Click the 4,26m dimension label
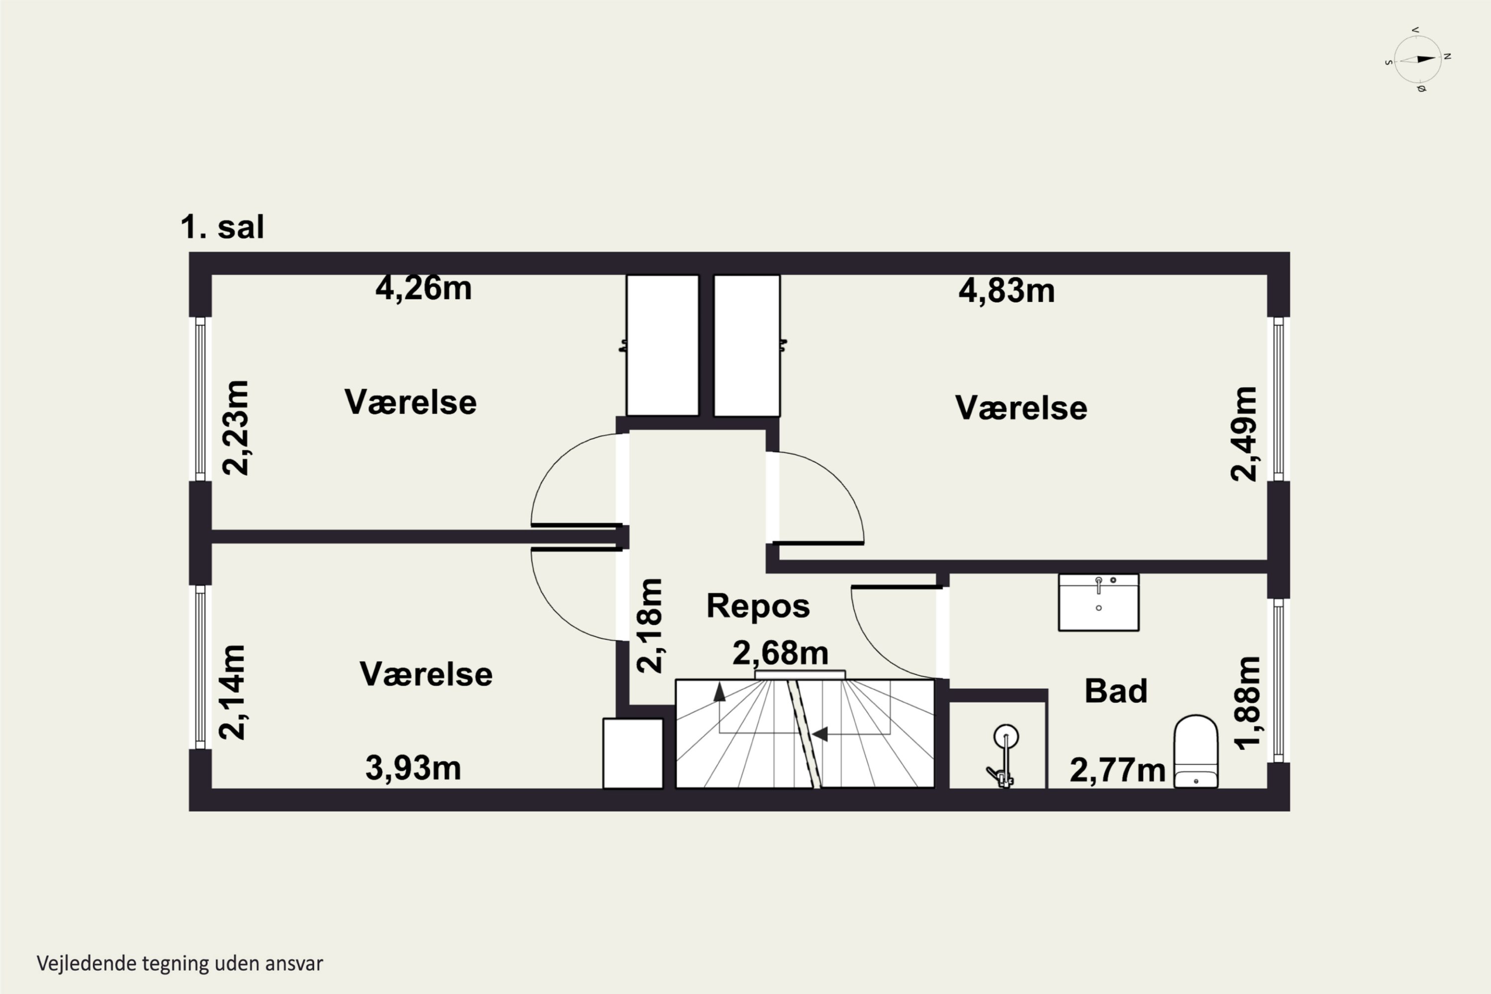coord(423,288)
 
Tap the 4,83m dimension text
coord(1007,291)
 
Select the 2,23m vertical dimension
coord(235,428)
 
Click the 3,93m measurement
coord(414,768)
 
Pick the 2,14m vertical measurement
coord(232,692)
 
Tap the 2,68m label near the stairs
coord(780,653)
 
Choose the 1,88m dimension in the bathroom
coord(1247,703)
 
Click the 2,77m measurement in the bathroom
coord(1118,770)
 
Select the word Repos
coord(758,605)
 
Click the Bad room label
coord(1116,690)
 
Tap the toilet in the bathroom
coord(1196,751)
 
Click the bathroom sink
coord(1098,602)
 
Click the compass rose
coord(1418,60)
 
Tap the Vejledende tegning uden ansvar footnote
coord(180,963)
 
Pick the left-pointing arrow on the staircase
coord(820,734)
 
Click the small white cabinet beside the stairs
coord(633,753)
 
